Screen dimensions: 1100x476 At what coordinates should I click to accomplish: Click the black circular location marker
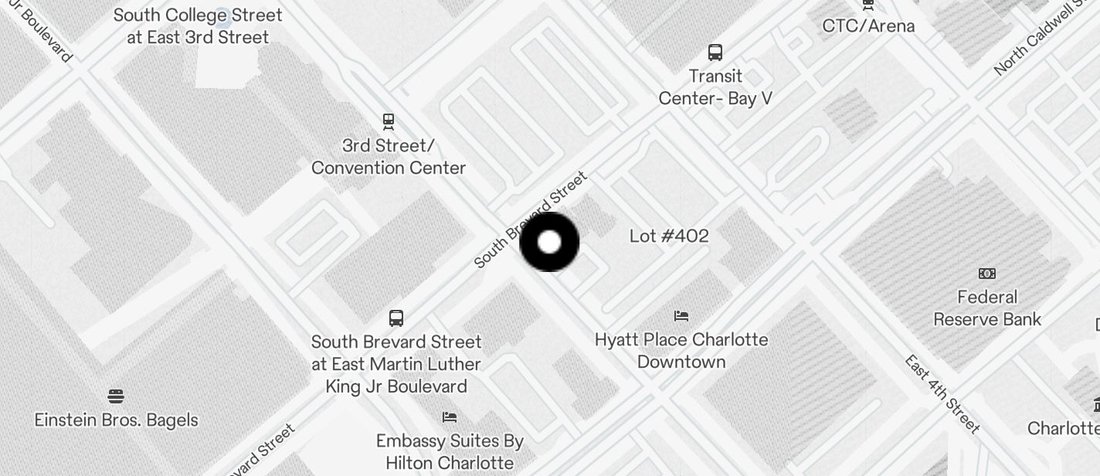coord(549,242)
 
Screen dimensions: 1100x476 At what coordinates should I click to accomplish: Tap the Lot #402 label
coord(669,236)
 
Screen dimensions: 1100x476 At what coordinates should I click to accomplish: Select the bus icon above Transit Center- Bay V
coord(715,53)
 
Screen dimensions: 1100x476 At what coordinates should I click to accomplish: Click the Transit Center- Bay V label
coord(715,87)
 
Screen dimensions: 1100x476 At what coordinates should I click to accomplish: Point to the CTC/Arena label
coord(868,25)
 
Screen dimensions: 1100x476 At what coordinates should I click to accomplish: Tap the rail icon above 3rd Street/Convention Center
coord(389,121)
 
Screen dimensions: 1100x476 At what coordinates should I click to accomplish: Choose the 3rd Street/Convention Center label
coord(389,157)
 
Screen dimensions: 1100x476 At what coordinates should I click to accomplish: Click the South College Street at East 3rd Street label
coord(199,25)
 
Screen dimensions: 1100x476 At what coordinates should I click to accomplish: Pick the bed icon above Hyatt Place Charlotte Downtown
coord(681,315)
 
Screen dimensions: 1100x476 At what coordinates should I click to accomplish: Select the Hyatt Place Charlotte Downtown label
coord(681,351)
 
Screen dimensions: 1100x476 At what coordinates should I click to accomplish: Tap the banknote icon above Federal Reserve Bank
coord(987,274)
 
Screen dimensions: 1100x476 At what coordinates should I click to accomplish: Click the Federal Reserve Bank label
coord(987,308)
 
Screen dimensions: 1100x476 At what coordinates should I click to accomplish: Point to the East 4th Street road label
coord(942,394)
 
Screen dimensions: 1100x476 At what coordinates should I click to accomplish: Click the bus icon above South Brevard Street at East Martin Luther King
coord(396,318)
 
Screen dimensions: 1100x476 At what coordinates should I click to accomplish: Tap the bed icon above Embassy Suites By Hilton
coord(450,417)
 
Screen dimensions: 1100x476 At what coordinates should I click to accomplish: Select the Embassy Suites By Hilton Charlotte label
coord(450,452)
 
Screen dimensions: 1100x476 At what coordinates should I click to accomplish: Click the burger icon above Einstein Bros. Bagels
coord(116,397)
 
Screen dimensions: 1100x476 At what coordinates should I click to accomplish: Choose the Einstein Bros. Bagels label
coord(117,420)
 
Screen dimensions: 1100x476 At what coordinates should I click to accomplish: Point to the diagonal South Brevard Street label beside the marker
coord(531,221)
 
